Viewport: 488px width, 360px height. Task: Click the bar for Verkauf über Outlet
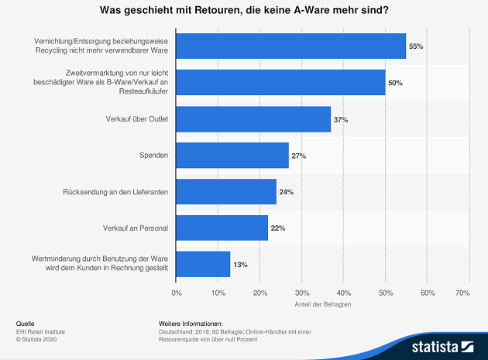click(x=253, y=119)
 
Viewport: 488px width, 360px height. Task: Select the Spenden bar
click(x=232, y=156)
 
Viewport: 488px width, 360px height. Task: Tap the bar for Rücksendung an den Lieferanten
click(x=226, y=191)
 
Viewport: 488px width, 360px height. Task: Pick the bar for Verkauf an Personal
click(x=222, y=228)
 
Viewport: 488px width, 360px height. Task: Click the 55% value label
click(x=416, y=46)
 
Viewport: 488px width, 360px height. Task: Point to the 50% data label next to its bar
click(x=395, y=83)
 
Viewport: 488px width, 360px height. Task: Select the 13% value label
click(x=240, y=265)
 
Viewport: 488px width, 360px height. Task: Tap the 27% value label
click(x=299, y=156)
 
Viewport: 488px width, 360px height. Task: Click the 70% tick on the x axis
click(x=463, y=293)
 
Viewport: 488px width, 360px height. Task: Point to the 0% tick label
click(x=177, y=293)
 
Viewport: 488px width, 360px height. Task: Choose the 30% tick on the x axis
click(x=302, y=293)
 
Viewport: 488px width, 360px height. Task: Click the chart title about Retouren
click(x=244, y=11)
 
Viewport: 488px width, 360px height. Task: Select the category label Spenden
click(x=155, y=156)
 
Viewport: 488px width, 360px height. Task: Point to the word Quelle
click(x=25, y=323)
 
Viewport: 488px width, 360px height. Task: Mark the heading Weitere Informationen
click(x=191, y=323)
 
